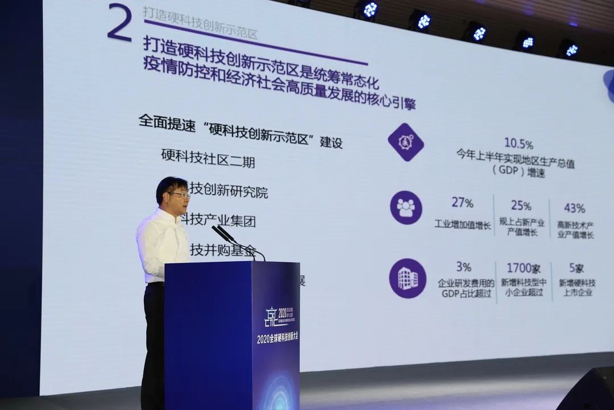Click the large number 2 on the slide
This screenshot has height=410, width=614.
point(119,23)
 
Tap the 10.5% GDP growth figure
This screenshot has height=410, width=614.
point(518,143)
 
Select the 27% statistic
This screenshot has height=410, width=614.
point(462,203)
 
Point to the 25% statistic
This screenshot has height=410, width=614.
point(521,206)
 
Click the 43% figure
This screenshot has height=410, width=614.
point(574,208)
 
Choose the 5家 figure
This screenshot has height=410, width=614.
point(576,268)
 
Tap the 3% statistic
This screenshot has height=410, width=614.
point(463,266)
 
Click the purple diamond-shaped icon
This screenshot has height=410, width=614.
point(406,142)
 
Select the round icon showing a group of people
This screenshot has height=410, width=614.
point(406,207)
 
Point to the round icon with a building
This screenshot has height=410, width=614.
point(407,278)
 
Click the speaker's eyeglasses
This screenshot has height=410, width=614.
point(180,195)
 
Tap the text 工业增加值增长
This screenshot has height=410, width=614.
point(462,224)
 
